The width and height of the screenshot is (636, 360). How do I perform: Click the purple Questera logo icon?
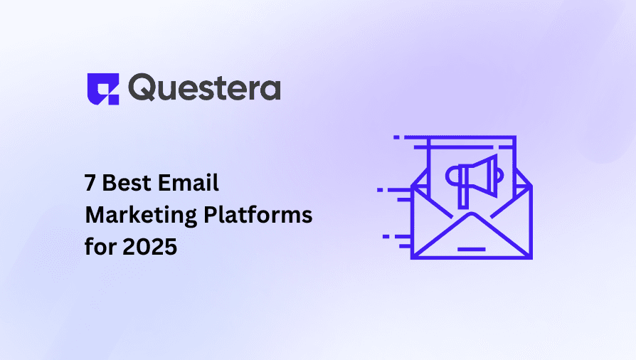(102, 88)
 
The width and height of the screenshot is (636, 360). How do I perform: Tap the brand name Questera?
(205, 88)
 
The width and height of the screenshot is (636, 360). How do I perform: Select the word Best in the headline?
(125, 184)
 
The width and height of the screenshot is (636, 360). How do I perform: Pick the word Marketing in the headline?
(131, 216)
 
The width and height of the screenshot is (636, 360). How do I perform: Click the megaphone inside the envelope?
(472, 178)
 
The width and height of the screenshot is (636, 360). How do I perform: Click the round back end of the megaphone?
(450, 176)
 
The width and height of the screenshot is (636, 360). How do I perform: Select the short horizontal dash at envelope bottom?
(472, 249)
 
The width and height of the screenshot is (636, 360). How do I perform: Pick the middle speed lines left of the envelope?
(393, 194)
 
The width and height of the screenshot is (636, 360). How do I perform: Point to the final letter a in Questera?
(270, 90)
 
